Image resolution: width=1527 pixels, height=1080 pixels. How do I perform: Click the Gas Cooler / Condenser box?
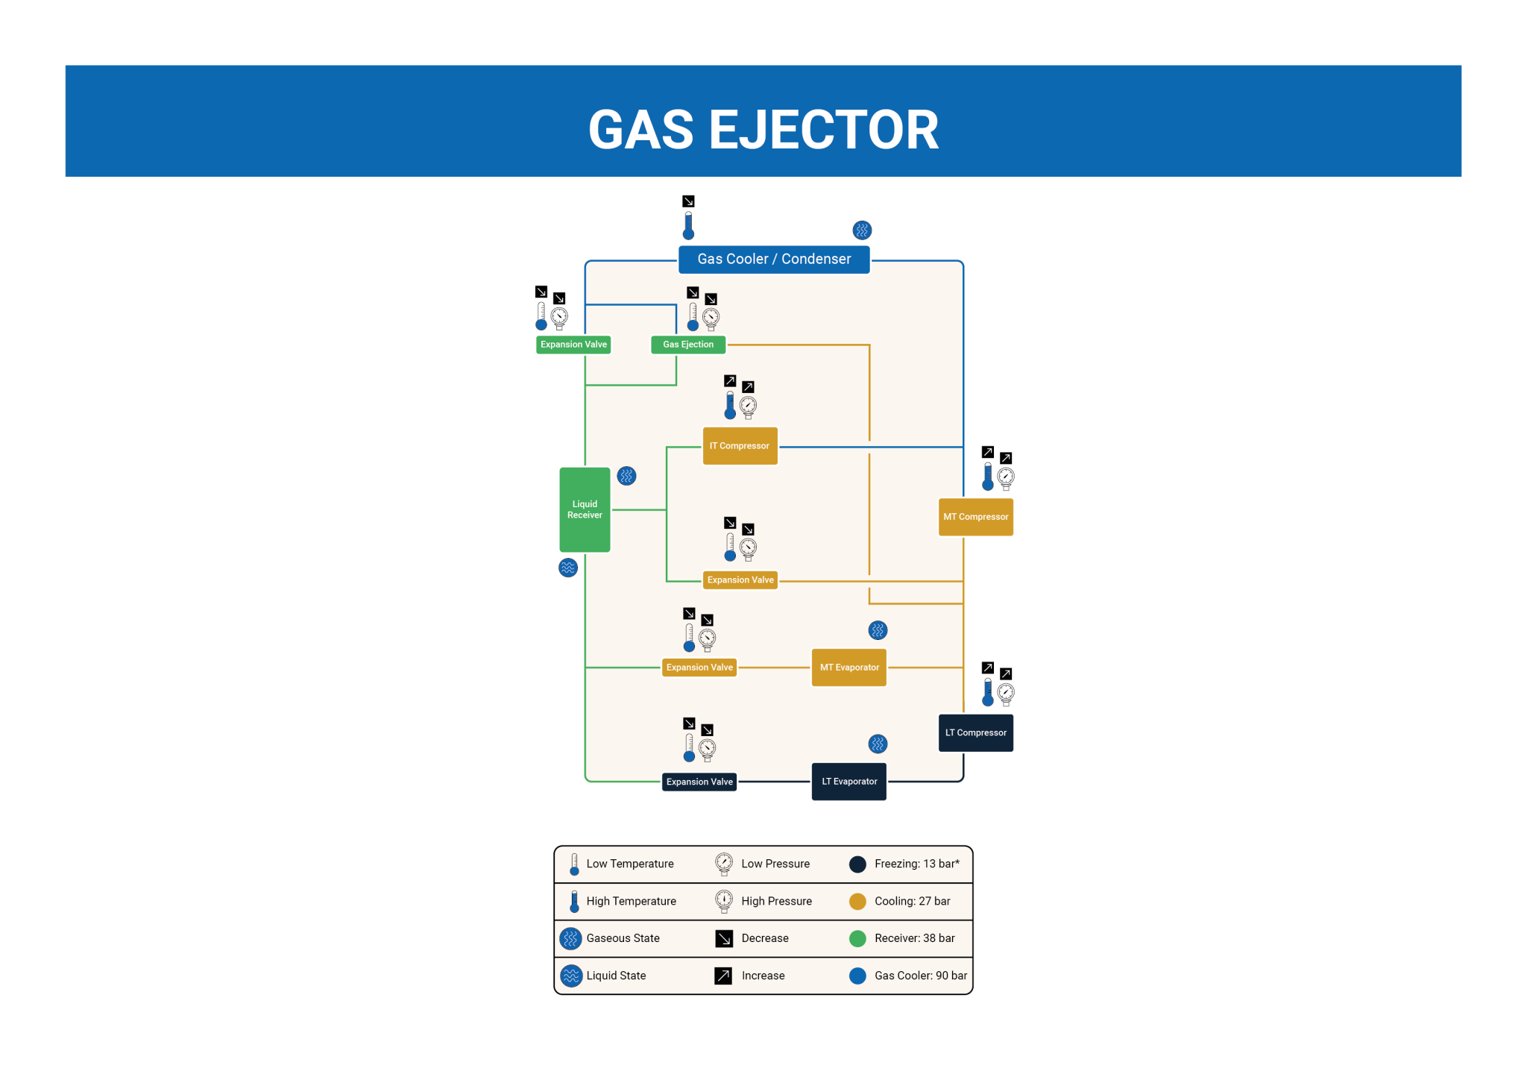(774, 260)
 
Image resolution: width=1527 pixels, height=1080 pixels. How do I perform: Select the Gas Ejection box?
(687, 345)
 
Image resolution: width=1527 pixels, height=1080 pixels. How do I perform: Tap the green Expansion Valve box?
(573, 345)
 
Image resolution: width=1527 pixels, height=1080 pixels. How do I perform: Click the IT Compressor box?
(740, 446)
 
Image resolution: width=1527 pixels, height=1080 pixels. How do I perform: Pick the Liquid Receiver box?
(585, 509)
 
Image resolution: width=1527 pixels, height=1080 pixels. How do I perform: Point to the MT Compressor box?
(975, 517)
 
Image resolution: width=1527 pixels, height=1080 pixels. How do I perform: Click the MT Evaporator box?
(849, 668)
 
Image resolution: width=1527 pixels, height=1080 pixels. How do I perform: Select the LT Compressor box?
(975, 732)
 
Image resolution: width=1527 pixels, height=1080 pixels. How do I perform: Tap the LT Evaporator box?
(849, 782)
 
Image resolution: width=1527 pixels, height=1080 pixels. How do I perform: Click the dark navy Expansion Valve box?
(699, 782)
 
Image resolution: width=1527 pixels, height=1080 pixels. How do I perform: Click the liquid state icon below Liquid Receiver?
(568, 568)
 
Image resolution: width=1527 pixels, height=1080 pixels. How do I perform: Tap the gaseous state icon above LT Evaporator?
(878, 744)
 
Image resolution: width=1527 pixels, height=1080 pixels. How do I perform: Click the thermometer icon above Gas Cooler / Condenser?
(688, 225)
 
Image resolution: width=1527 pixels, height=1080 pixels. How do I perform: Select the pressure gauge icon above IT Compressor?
(748, 406)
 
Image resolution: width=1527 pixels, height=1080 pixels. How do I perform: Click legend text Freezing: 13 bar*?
(916, 864)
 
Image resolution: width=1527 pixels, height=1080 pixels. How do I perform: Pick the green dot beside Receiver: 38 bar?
(857, 938)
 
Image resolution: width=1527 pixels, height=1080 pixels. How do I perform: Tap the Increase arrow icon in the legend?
(723, 976)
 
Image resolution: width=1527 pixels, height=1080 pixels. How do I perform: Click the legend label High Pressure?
(776, 901)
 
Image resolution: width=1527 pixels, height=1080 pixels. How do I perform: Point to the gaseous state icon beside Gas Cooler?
(862, 230)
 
